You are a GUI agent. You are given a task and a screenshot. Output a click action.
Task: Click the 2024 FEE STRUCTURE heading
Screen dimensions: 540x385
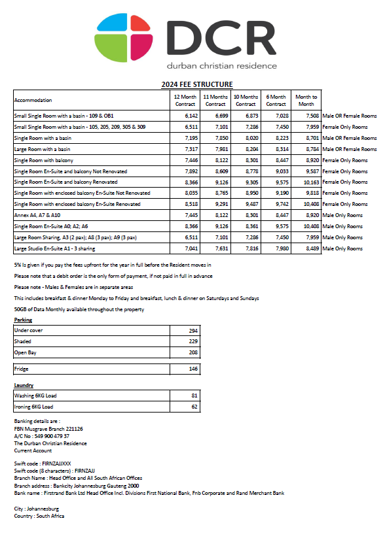[x=197, y=84]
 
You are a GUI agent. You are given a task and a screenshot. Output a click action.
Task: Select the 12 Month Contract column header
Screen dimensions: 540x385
[x=185, y=100]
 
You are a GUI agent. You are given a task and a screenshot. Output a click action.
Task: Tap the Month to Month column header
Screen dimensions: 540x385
[x=306, y=100]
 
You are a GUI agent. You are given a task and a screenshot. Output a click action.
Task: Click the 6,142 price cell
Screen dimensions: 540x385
[x=188, y=116]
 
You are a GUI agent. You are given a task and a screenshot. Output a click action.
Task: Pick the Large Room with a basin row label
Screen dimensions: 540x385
[x=42, y=149]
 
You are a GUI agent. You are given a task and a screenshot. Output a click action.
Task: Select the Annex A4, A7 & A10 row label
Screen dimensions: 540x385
[x=37, y=215]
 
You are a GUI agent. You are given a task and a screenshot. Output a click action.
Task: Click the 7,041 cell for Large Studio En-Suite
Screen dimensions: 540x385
[x=188, y=248]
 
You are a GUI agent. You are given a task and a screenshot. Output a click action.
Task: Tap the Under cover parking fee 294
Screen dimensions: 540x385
[x=193, y=331]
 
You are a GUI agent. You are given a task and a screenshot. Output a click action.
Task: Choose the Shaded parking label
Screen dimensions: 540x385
[x=23, y=342]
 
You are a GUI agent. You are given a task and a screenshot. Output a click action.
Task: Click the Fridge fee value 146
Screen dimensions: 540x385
[x=193, y=369]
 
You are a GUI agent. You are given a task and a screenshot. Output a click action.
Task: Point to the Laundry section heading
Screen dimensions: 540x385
[x=24, y=386]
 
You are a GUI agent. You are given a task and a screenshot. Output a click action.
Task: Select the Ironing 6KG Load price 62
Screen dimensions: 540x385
[x=194, y=407]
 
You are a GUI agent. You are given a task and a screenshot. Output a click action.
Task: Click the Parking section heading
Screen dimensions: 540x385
[x=23, y=320]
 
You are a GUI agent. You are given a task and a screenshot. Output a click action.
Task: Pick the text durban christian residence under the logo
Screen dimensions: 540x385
[x=221, y=66]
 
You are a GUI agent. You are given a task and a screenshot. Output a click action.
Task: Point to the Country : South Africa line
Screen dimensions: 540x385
[x=39, y=516]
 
